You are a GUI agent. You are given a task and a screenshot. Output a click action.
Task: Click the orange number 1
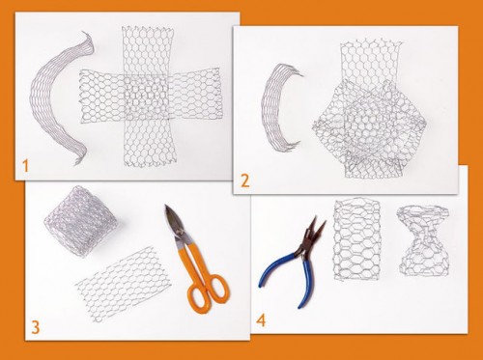(26, 166)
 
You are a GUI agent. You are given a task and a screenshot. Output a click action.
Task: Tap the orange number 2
(245, 181)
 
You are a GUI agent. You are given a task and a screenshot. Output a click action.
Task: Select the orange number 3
(35, 327)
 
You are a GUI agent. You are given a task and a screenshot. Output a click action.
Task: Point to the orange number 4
(261, 320)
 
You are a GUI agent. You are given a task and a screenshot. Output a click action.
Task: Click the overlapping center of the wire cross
(146, 97)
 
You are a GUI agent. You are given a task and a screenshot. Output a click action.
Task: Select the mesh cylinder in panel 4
(357, 239)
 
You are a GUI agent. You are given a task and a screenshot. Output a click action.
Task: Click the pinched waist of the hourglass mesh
(422, 239)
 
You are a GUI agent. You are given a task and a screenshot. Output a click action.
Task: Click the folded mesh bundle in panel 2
(370, 128)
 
